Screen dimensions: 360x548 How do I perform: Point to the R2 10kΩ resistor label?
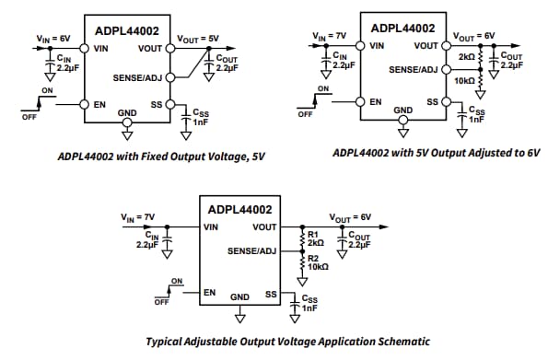(x=314, y=261)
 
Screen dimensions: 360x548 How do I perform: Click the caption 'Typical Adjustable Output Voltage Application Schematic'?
(x=274, y=341)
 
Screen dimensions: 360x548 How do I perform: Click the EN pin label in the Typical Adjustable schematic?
(x=210, y=293)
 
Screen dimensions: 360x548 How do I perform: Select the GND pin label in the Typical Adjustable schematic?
(x=240, y=296)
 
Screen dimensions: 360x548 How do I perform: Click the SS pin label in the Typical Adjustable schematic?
(x=272, y=296)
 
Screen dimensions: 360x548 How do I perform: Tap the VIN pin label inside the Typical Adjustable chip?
(x=211, y=226)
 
